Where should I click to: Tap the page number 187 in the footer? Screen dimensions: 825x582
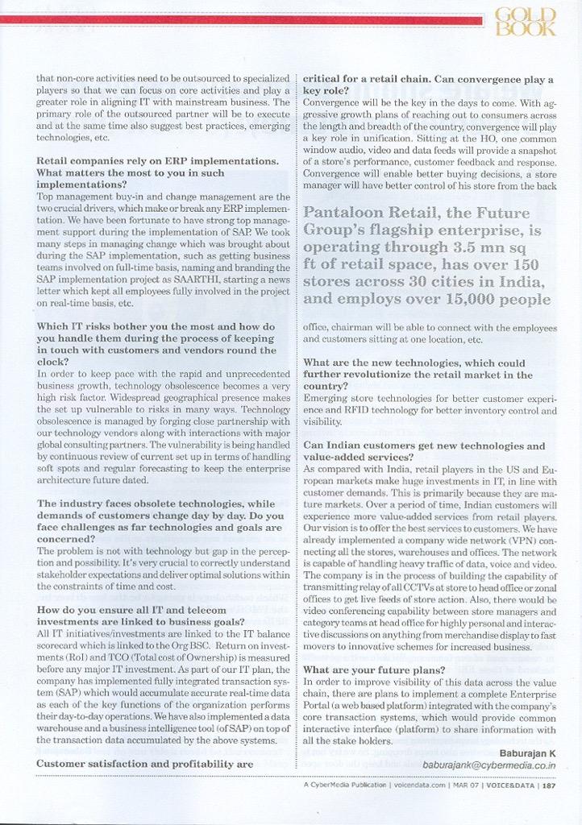[549, 784]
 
